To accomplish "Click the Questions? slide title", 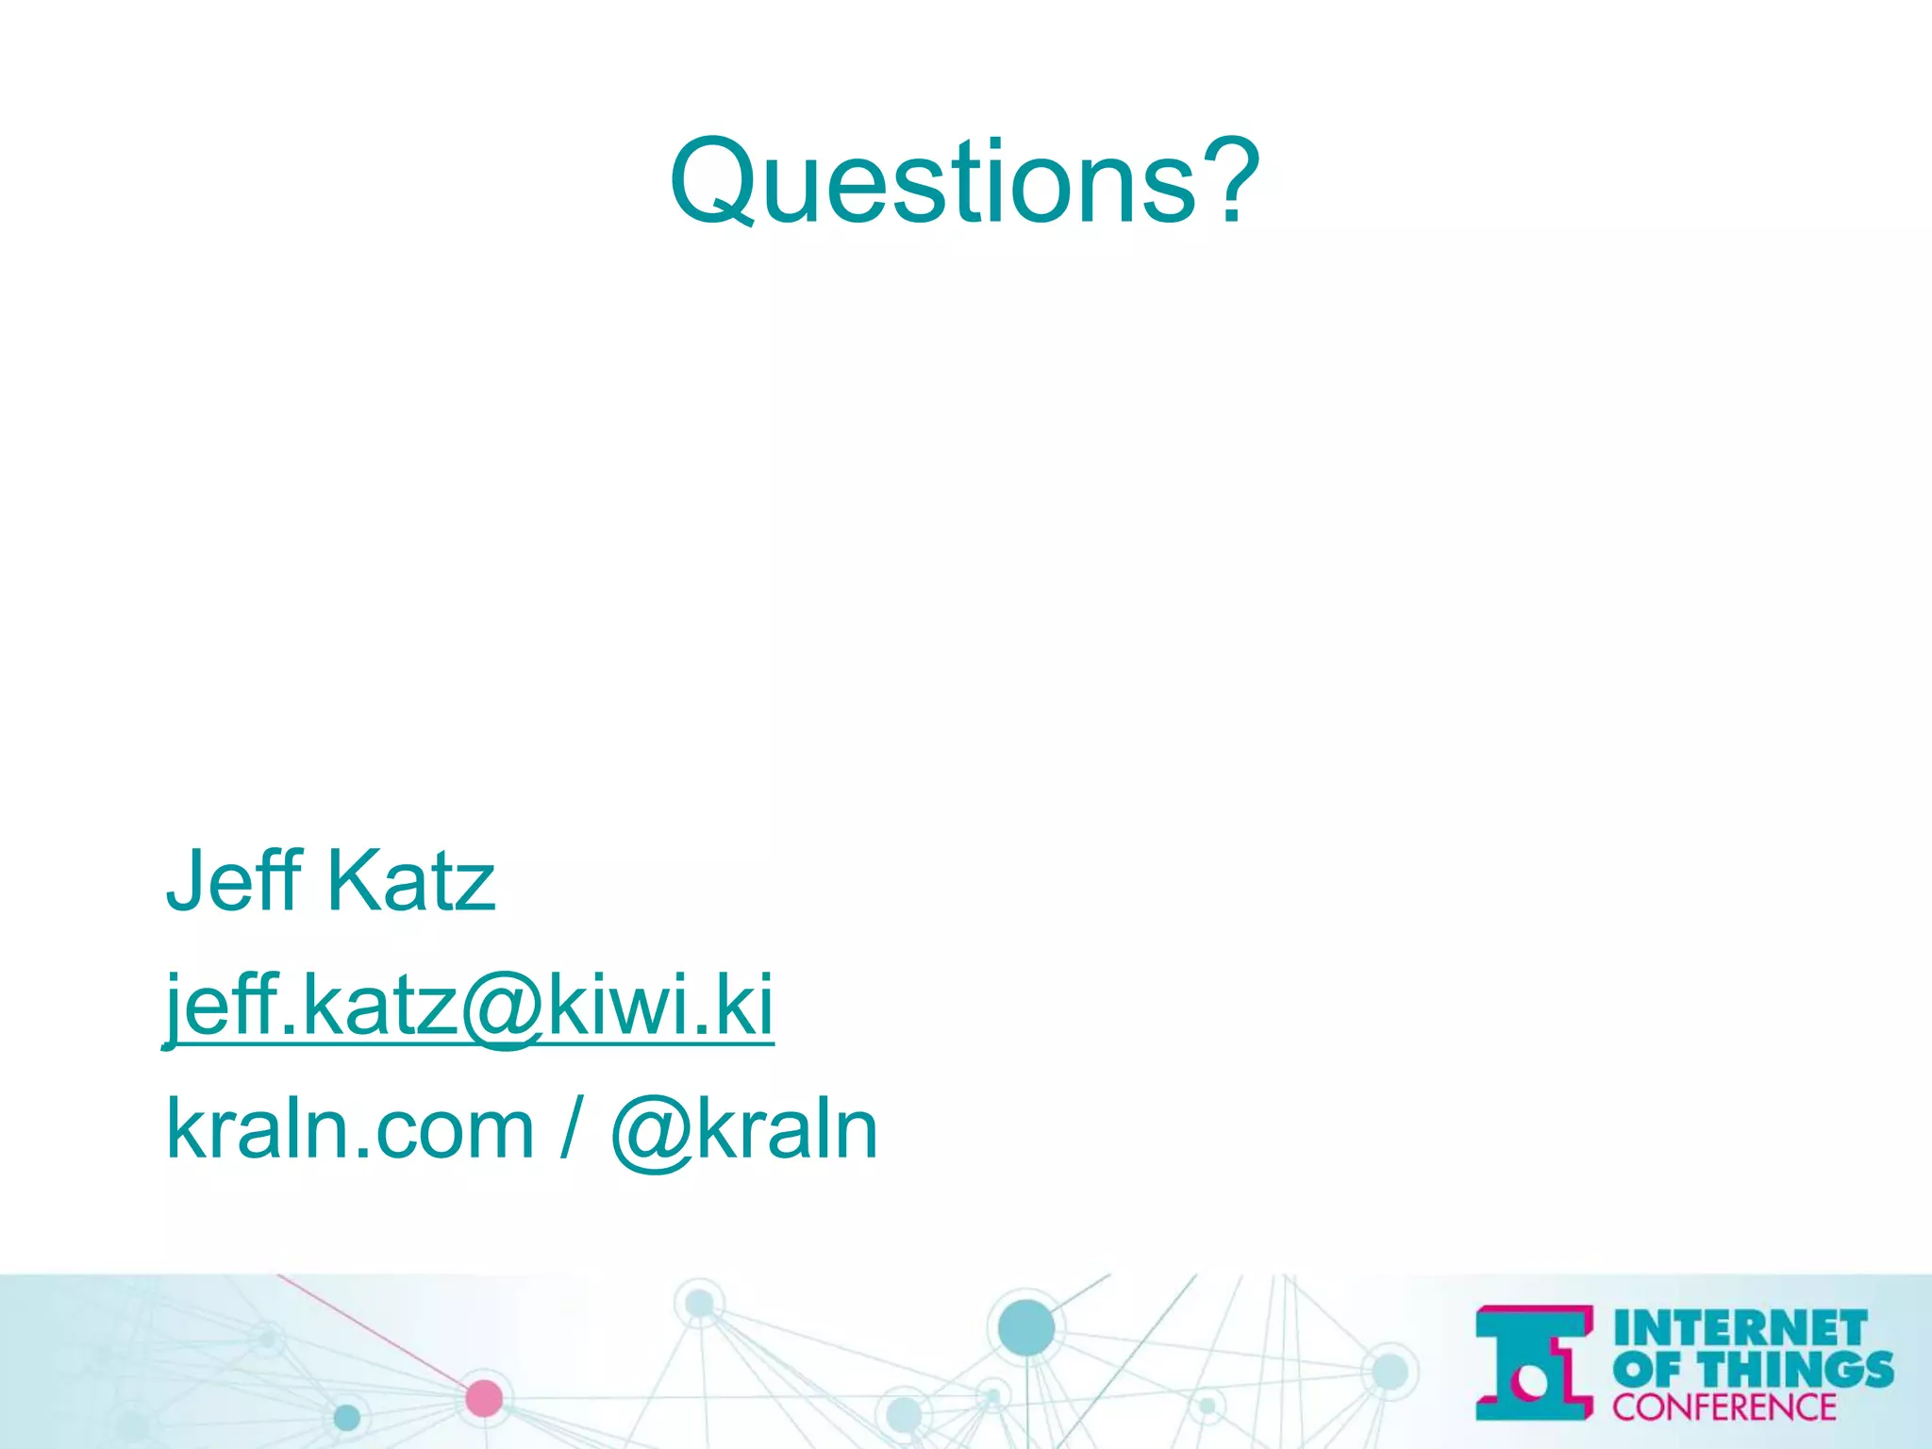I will click(964, 181).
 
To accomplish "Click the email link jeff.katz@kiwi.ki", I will click(469, 1006).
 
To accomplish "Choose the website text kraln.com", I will click(350, 1129).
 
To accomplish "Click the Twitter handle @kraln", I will click(745, 1129).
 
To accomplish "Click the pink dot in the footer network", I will click(484, 1398).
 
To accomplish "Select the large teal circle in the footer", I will click(1025, 1326).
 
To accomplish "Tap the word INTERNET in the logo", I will click(1740, 1329).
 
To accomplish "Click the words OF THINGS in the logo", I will click(1753, 1369).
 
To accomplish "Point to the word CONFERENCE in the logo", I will click(1724, 1407).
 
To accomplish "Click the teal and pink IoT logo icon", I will click(1534, 1362).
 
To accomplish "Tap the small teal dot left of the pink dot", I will click(347, 1417).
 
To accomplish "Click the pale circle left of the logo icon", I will click(1389, 1372).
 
